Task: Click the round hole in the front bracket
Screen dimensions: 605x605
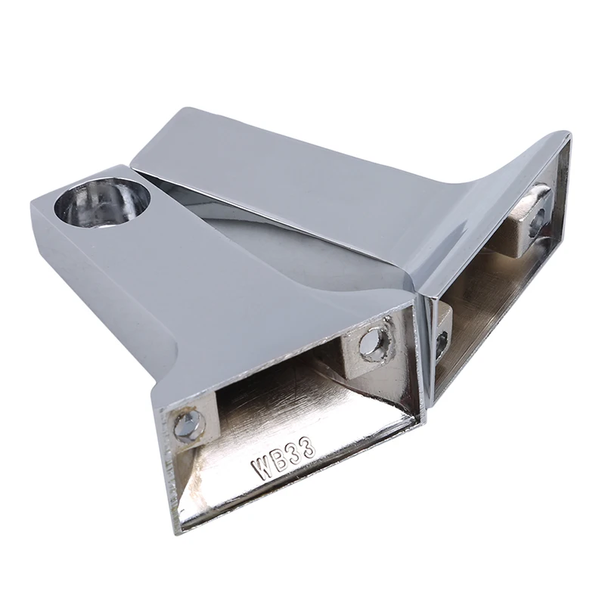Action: tap(102, 202)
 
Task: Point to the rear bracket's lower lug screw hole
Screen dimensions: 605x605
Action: tap(442, 346)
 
